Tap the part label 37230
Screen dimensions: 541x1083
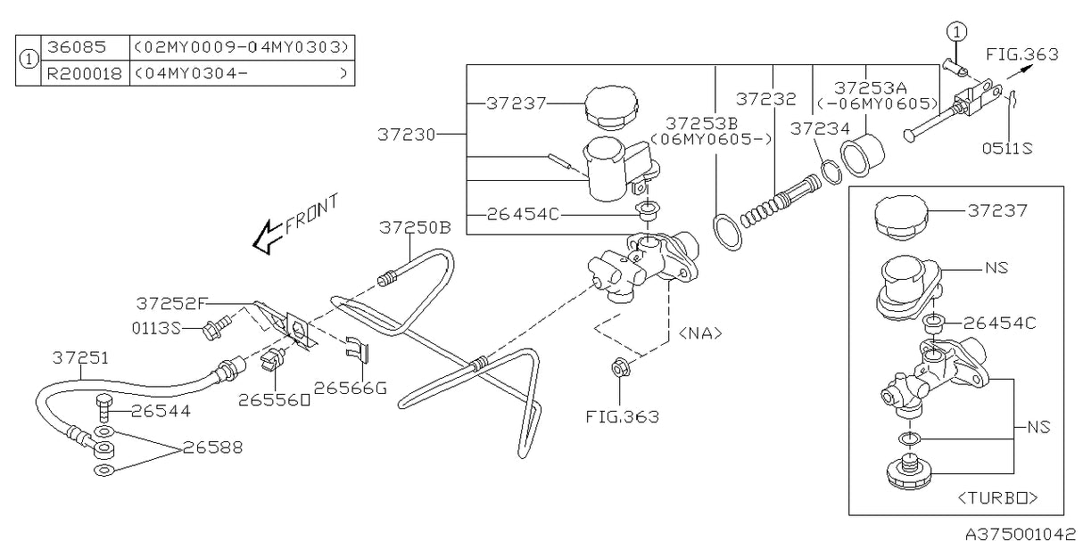[405, 135]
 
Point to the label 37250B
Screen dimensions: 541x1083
[413, 227]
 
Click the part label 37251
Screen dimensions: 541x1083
[80, 357]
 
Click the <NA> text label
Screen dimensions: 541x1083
[700, 333]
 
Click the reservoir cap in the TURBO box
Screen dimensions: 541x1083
[901, 215]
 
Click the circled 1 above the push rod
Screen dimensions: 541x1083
[956, 32]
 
